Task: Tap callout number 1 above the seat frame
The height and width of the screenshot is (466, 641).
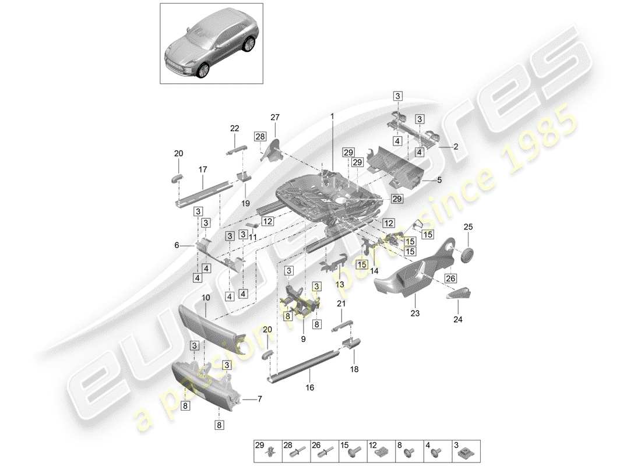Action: (x=332, y=116)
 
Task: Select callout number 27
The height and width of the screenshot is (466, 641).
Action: (x=274, y=116)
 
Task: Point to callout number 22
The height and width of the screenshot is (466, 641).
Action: (x=234, y=129)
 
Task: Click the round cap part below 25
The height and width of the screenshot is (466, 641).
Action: (x=468, y=255)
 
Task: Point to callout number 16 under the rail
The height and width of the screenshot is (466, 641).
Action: (x=309, y=387)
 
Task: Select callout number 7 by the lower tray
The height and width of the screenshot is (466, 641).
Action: (x=260, y=399)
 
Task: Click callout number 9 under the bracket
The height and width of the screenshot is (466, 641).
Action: (x=303, y=339)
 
